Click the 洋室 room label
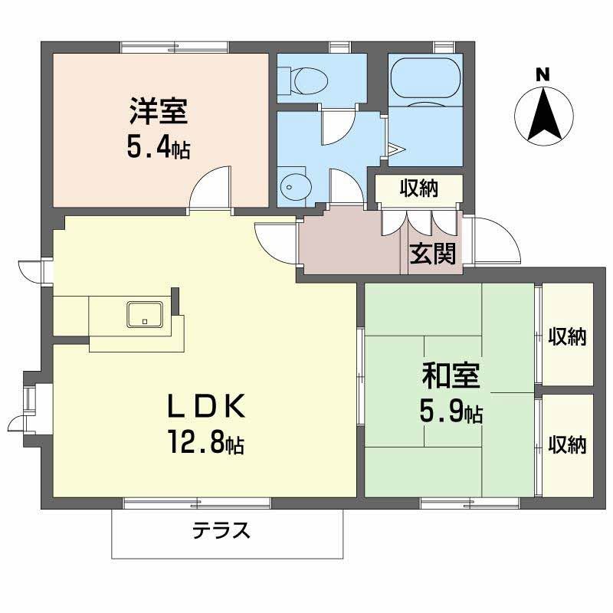[158, 113]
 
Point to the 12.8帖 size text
[205, 442]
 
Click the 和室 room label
[451, 377]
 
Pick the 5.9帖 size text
[451, 413]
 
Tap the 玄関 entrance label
[432, 252]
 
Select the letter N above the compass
[543, 75]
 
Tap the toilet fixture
[306, 77]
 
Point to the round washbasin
[293, 185]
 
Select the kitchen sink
[144, 313]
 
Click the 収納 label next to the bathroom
[418, 188]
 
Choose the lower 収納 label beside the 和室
[568, 444]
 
